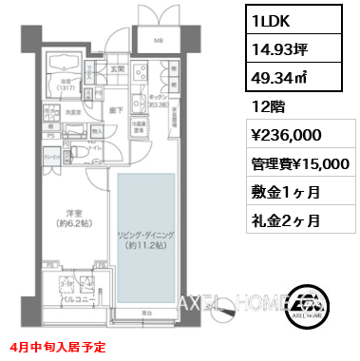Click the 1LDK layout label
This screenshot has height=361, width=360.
pos(271,20)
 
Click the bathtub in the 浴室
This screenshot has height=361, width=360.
pos(64,65)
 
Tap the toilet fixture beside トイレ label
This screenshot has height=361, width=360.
pos(82,151)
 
